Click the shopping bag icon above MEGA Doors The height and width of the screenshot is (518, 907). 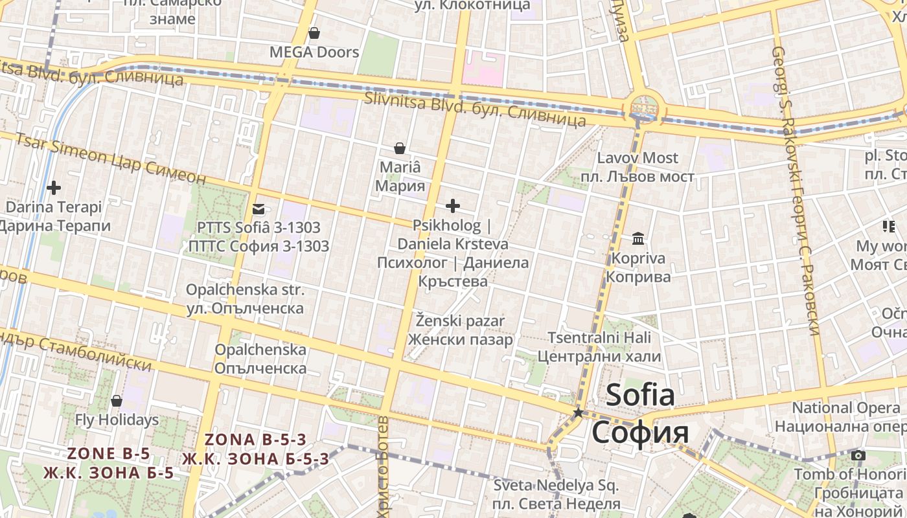point(314,33)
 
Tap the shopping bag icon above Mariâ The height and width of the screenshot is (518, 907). point(400,148)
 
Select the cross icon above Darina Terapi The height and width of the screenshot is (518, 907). point(54,188)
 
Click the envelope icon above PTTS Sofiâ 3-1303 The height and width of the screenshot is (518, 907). point(258,208)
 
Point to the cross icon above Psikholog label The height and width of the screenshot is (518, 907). point(453,206)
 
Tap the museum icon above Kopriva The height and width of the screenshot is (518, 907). point(638,239)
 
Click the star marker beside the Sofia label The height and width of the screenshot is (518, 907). point(578,412)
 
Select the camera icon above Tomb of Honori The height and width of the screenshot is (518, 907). point(858,456)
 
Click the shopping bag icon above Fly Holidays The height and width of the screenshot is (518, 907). point(117,401)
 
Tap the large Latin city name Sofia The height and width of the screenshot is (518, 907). point(639,394)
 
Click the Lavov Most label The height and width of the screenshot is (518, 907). point(637,158)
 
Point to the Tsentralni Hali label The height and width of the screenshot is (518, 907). point(599,338)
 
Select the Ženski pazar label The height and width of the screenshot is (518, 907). point(460,321)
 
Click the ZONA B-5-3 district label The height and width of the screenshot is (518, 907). point(255,440)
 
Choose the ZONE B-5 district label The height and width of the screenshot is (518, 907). point(108,453)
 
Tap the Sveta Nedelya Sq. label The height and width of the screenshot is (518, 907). point(557,486)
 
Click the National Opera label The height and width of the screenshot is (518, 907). point(846,408)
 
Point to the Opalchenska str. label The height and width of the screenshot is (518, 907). point(245,290)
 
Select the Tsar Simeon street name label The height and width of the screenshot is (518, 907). point(60,148)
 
